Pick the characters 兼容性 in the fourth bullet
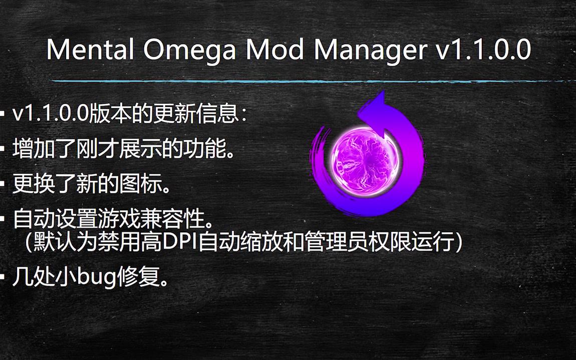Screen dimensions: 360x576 pos(171,219)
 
